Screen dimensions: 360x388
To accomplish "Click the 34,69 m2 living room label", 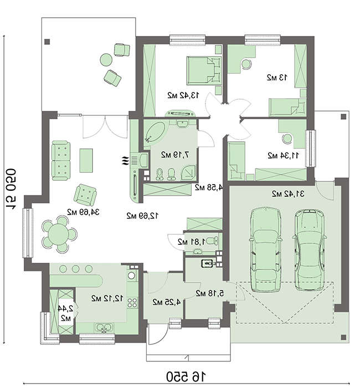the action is (x=83, y=212).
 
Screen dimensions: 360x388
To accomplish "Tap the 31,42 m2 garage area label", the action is (x=288, y=194).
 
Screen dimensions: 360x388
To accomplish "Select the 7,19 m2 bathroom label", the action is (x=176, y=155).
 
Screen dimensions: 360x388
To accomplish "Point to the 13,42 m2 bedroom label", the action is (x=183, y=95).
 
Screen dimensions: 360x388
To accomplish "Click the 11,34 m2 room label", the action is (x=284, y=156).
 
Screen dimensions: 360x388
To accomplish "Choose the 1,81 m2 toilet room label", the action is (x=191, y=242).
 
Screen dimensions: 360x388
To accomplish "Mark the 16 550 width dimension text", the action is (x=186, y=377).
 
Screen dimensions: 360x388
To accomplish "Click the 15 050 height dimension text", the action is (x=11, y=189).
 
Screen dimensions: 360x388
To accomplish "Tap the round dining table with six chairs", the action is (x=59, y=234).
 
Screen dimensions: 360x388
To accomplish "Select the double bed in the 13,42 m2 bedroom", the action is (x=204, y=70).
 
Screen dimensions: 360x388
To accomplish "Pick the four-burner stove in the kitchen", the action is (x=132, y=303).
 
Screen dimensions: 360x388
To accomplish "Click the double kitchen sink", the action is (x=104, y=328).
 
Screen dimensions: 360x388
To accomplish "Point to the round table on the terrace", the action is (x=106, y=60).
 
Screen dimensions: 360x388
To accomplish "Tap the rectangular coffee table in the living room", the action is (x=86, y=160).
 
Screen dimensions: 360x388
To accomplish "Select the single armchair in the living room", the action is (x=85, y=195).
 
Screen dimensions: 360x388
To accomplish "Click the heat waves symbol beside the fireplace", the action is (x=125, y=161).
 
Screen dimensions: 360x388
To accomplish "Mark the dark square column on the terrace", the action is (x=47, y=42).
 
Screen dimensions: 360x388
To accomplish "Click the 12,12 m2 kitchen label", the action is (x=107, y=298).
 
